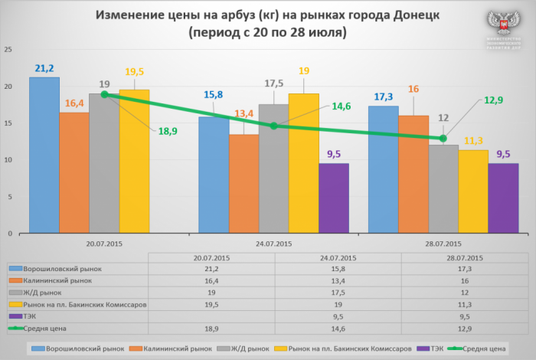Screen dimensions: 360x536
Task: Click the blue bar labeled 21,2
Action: click(x=44, y=153)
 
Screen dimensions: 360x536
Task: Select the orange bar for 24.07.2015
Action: click(x=244, y=184)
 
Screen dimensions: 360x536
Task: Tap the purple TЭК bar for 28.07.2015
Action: click(x=503, y=198)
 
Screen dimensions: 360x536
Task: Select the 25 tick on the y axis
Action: click(x=8, y=50)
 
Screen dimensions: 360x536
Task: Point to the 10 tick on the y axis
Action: click(x=8, y=160)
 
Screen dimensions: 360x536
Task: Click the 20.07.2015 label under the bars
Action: click(x=105, y=244)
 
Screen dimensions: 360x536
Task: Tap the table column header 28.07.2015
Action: click(x=462, y=259)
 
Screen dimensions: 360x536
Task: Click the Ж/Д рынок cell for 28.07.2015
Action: click(x=462, y=293)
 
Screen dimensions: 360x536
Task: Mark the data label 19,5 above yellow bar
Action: click(x=134, y=72)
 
